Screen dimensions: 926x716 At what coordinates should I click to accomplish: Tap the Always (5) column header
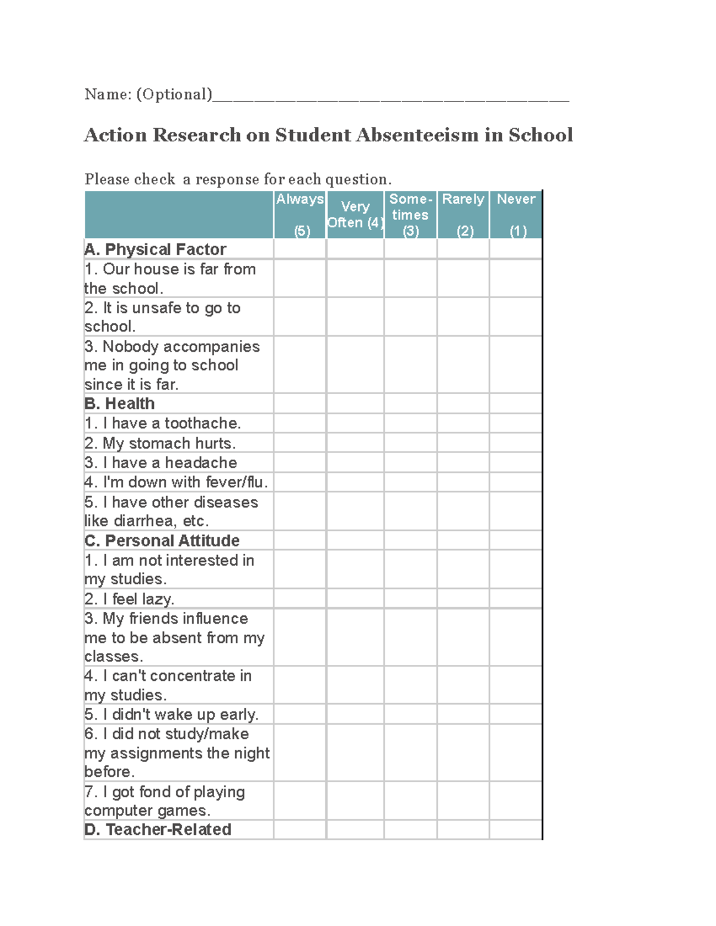coord(300,215)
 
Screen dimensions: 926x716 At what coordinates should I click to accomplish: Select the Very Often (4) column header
coord(355,215)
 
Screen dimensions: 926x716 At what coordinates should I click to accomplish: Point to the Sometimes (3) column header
coord(411,215)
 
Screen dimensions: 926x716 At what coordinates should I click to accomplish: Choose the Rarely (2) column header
coord(463,215)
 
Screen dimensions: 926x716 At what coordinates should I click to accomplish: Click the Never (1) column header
coord(516,215)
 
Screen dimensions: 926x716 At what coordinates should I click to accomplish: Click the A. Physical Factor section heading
coord(156,249)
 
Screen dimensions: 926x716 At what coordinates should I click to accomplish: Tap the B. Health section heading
coord(120,404)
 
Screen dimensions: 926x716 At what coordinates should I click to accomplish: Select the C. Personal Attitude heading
coord(162,541)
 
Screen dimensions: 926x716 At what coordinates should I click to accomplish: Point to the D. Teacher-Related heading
coord(158,829)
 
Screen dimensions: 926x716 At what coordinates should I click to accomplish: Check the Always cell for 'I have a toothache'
coord(300,423)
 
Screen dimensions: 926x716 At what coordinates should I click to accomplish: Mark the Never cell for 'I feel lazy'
coord(516,599)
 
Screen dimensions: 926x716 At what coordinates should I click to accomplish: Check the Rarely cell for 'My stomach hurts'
coord(463,443)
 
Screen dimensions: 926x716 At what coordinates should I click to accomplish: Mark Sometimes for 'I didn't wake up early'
coord(411,714)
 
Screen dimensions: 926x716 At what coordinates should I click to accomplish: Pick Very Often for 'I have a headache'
coord(355,463)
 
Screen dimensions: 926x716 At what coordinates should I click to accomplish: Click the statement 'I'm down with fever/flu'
coord(176,482)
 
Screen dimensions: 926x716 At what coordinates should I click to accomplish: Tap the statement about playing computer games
coord(165,801)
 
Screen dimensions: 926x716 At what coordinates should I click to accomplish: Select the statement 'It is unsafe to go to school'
coord(162,317)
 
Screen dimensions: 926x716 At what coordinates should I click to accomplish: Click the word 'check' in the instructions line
coord(155,179)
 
